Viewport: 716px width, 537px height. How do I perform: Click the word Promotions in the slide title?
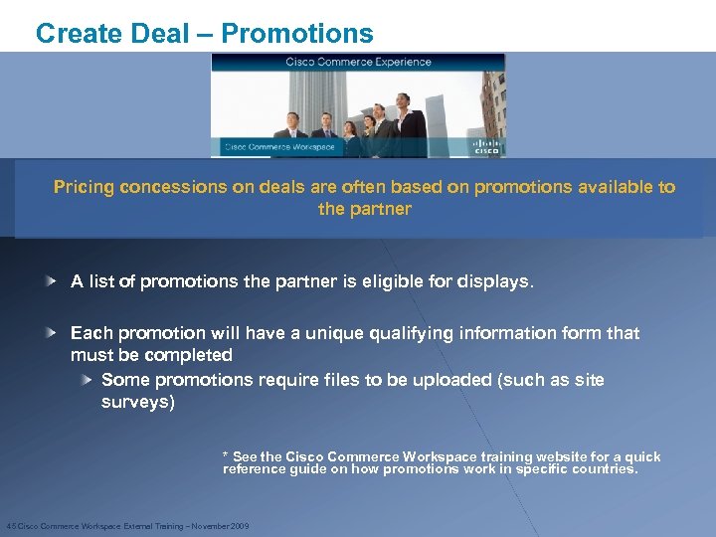click(x=297, y=33)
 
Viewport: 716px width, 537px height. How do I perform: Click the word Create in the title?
click(x=76, y=33)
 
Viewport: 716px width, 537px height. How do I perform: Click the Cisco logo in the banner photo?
click(x=487, y=147)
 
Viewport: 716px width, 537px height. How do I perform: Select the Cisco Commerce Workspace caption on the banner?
click(x=279, y=147)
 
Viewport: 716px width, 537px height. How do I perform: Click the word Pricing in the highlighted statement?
click(x=85, y=187)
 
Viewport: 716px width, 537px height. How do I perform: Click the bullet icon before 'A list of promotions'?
click(x=50, y=281)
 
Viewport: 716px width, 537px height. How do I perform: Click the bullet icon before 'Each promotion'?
click(x=50, y=332)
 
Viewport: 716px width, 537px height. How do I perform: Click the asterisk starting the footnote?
click(x=226, y=455)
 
